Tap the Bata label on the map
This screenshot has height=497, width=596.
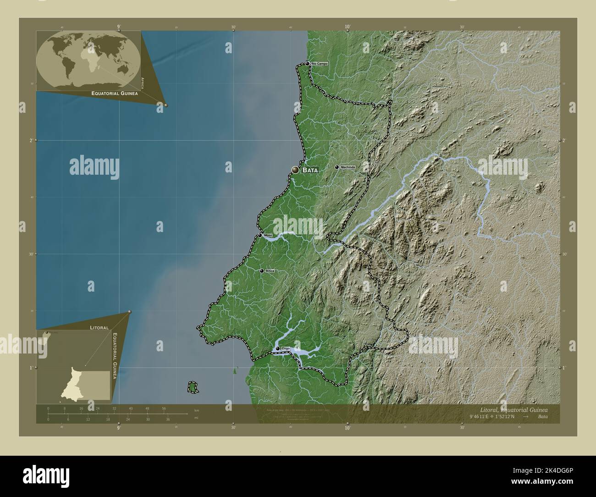310,170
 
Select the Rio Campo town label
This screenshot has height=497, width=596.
320,63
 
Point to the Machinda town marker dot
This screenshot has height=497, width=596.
337,167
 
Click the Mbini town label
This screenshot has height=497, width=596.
268,235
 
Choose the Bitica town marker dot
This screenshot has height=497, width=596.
262,271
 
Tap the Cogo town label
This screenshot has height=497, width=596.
286,349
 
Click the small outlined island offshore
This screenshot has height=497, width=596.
193,387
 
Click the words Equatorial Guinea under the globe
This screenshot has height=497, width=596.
115,93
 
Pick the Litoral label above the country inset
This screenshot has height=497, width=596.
99,328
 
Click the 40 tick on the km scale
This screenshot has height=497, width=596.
131,408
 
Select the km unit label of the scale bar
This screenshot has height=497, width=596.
197,410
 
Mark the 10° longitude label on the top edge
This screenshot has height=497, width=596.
348,27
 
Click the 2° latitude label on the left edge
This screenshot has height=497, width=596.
31,140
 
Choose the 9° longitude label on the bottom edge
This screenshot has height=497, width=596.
119,428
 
